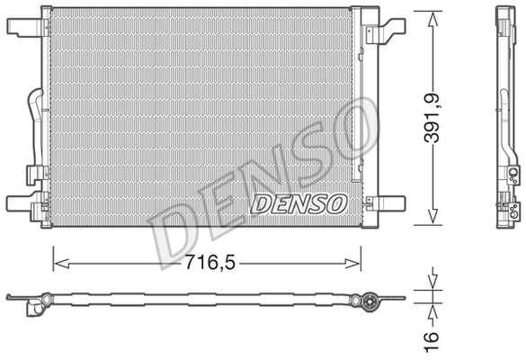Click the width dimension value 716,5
pyautogui.click(x=209, y=265)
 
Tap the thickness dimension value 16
pyautogui.click(x=432, y=338)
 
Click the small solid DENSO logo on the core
pyautogui.click(x=298, y=203)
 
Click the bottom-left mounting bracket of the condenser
pyautogui.click(x=25, y=207)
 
